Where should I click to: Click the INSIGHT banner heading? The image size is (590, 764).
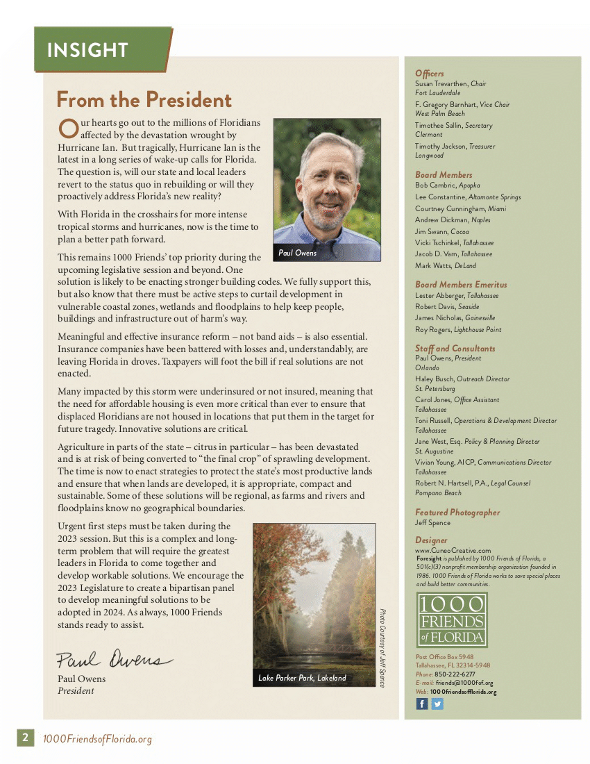[x=87, y=50]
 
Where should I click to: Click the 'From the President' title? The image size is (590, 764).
[x=144, y=100]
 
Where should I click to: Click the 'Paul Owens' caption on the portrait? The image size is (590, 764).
[x=297, y=253]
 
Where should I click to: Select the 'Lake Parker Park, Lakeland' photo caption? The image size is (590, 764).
[x=302, y=678]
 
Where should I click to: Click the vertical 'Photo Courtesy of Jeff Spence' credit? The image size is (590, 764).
[x=382, y=647]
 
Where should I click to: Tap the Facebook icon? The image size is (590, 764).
[x=422, y=704]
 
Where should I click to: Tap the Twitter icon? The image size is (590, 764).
[x=437, y=704]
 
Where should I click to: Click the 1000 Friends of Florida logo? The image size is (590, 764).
[x=452, y=620]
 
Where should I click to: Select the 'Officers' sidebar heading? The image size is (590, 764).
[x=430, y=74]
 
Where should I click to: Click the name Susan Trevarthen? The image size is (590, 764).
[x=441, y=83]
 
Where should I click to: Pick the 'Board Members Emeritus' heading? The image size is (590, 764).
[x=461, y=285]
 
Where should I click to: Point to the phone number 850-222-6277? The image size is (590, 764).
[x=455, y=674]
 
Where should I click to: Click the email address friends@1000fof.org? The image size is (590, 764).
[x=464, y=683]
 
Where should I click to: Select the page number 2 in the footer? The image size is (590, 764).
[x=25, y=738]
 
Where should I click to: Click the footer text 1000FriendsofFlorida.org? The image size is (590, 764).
[x=97, y=739]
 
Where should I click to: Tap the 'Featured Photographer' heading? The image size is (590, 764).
[x=457, y=513]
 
